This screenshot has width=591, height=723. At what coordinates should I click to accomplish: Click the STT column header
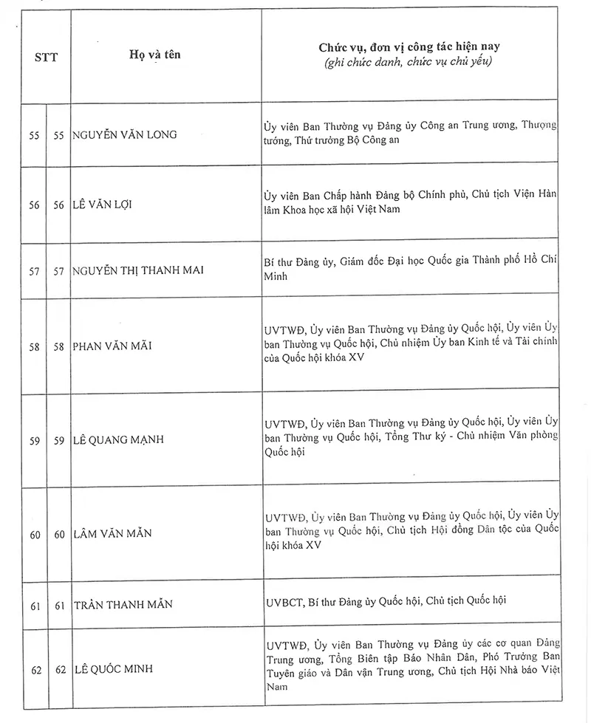(x=46, y=56)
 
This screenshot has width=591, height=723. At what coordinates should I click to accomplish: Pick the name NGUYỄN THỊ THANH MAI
(x=138, y=270)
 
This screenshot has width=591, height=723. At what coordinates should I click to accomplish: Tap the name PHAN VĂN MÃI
(x=112, y=346)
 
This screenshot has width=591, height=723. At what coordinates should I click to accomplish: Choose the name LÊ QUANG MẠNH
(x=118, y=440)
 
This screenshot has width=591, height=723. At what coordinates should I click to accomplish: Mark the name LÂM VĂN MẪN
(x=112, y=534)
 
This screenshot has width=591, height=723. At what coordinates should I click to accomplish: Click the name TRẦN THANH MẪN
(x=123, y=605)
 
